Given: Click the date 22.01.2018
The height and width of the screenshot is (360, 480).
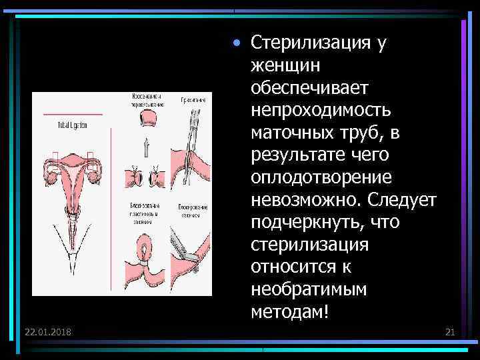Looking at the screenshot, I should (48, 331).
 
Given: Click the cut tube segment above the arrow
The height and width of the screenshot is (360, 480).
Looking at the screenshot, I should (150, 119).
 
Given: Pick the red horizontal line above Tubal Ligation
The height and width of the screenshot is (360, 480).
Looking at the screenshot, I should (73, 114).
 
